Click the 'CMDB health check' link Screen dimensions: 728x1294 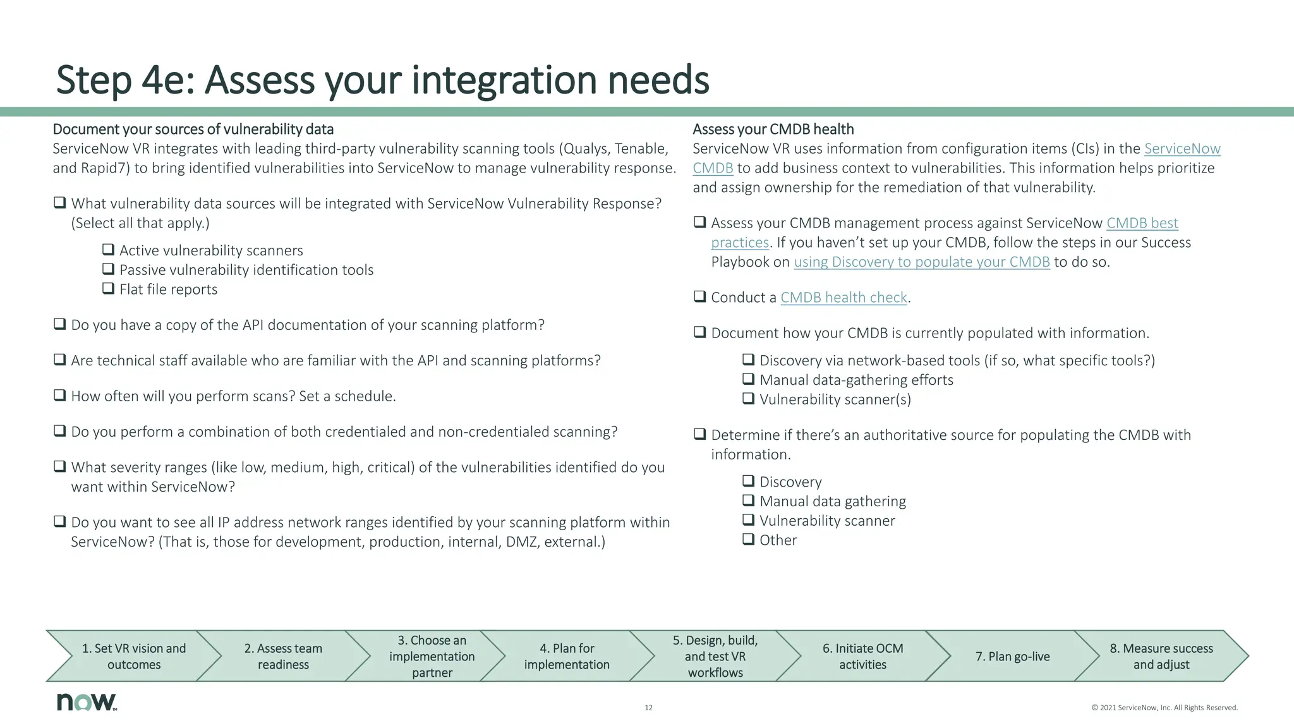tap(844, 298)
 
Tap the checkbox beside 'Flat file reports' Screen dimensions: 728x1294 tap(109, 289)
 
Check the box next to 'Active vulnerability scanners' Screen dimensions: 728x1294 tap(109, 250)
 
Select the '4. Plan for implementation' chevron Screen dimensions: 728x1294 tap(567, 656)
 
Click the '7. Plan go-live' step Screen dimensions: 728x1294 tap(1012, 656)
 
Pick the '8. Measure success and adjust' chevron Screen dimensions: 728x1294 tap(1161, 656)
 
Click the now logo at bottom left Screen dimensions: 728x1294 tap(86, 702)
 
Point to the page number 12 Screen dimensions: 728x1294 tap(648, 708)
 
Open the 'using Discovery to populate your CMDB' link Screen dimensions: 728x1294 tap(921, 262)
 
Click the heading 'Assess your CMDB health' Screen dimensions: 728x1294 tap(773, 130)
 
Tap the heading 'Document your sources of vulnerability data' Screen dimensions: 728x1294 tap(193, 130)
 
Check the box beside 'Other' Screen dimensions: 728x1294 tap(749, 540)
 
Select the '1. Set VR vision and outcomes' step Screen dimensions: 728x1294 tap(134, 656)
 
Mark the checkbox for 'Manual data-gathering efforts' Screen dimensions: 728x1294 tap(749, 379)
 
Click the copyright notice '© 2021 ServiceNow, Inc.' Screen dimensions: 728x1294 tap(1164, 708)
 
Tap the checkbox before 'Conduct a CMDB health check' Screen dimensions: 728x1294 tap(699, 296)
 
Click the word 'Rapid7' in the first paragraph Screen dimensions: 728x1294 tap(101, 168)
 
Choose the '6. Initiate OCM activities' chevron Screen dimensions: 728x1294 tap(862, 656)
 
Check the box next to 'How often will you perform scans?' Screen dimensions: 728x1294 tap(60, 396)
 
